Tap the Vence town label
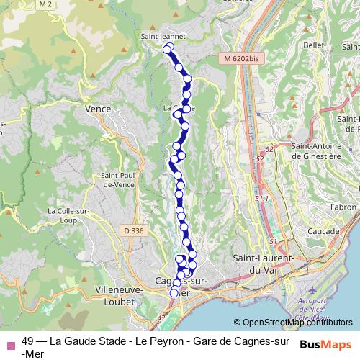point(98,109)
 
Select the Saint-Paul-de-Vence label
point(120,179)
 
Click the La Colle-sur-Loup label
point(67,215)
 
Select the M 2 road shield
point(48,5)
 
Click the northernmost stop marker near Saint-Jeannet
point(168,48)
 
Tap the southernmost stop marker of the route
point(174,293)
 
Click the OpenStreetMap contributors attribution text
point(292,323)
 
